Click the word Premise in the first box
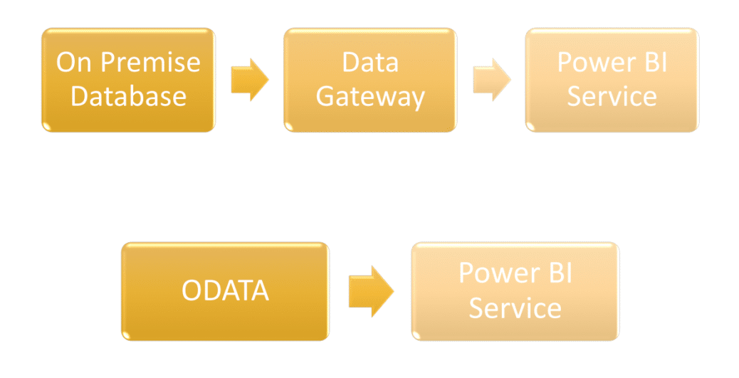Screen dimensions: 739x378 click(150, 62)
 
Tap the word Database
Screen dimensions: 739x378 click(129, 96)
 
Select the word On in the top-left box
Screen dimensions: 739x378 click(73, 62)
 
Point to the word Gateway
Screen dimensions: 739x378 click(370, 98)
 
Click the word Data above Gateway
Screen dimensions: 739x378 click(370, 62)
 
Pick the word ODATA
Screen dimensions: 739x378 click(225, 290)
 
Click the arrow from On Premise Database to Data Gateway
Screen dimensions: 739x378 click(250, 80)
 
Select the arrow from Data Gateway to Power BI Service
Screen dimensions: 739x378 click(492, 80)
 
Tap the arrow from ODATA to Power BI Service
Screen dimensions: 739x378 click(372, 291)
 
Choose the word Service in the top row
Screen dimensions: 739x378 click(612, 96)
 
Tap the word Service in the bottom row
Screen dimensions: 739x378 click(515, 308)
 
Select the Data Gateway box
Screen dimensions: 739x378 click(370, 80)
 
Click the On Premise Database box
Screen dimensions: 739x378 click(129, 80)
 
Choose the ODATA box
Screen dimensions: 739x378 click(225, 291)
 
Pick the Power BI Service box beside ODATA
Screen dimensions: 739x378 click(515, 291)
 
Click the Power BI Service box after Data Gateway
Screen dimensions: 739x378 click(612, 80)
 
